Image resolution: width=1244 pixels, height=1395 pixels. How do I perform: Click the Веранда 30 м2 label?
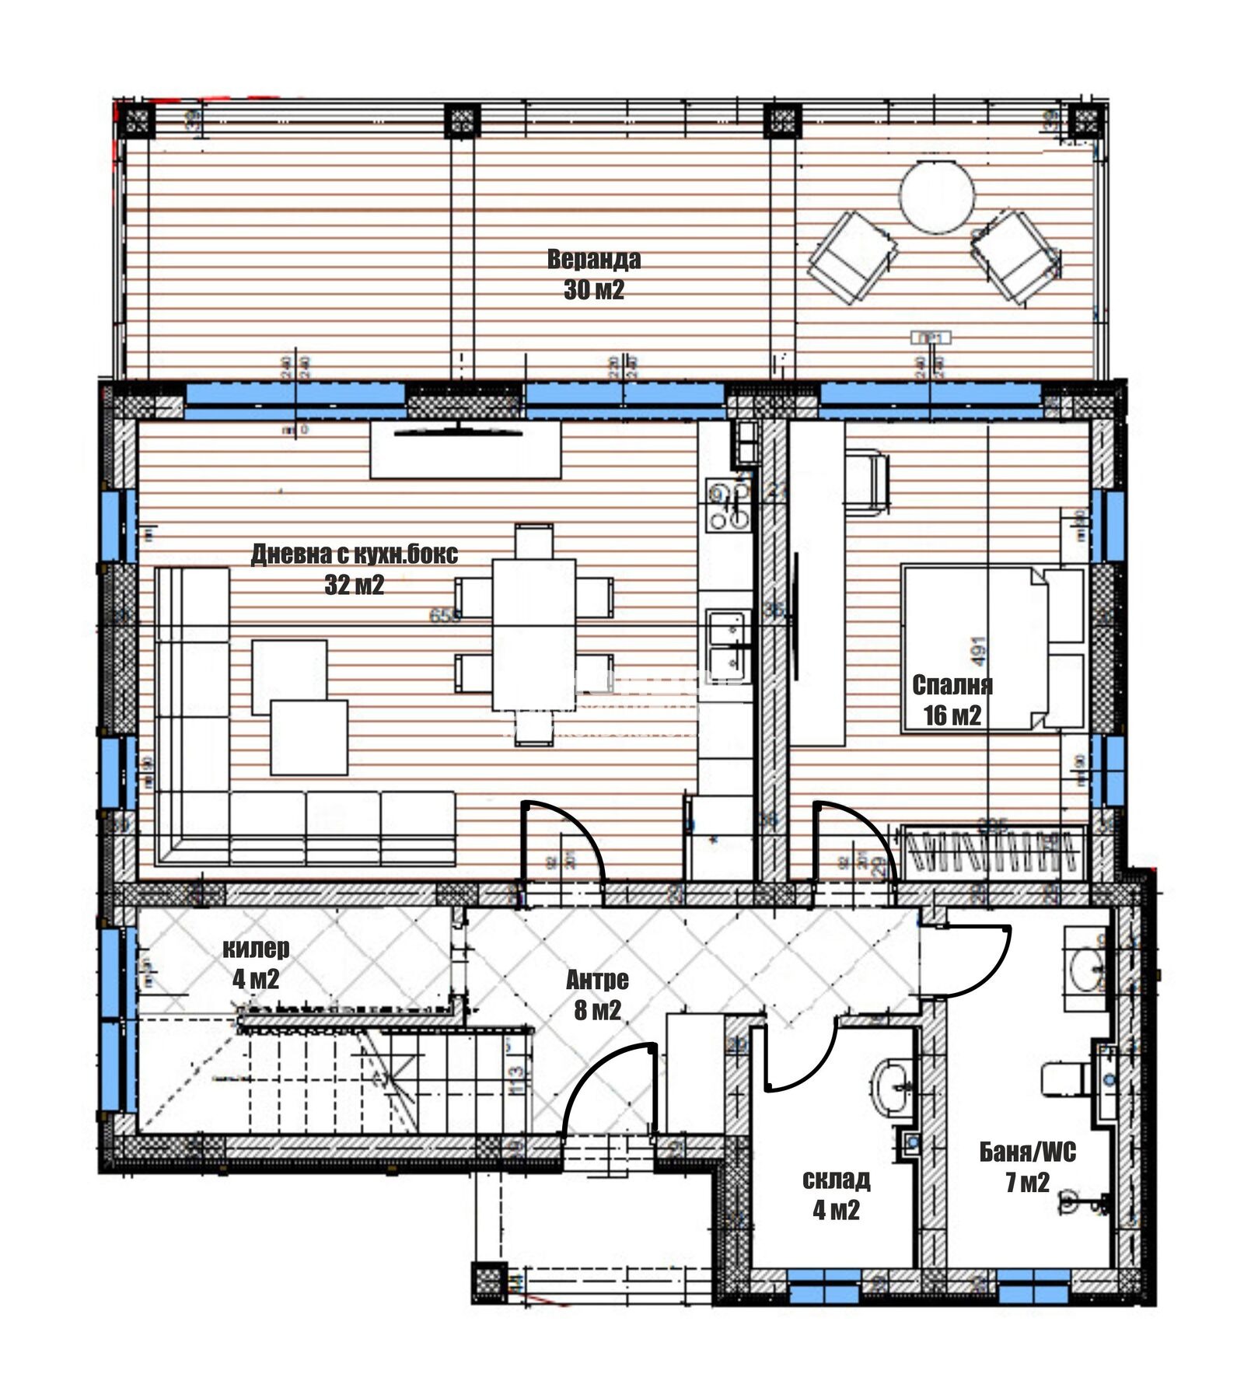593,274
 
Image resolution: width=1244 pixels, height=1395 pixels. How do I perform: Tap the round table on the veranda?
936,196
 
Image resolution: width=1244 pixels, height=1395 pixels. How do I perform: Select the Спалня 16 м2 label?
952,699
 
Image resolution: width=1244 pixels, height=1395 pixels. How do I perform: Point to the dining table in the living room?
533,634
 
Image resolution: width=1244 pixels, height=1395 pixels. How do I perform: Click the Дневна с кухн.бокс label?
354,554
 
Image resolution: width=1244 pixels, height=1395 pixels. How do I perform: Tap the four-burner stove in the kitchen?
729,505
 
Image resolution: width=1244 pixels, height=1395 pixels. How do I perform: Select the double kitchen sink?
728,640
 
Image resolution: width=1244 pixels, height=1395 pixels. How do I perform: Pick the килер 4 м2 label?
256,963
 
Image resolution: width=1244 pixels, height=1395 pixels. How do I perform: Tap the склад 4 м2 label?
836,1194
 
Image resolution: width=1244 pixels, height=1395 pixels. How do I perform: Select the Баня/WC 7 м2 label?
1027,1166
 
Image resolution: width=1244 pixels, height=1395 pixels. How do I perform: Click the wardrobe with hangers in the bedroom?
994,851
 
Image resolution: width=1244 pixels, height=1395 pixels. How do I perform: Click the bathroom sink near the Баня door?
1085,969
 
